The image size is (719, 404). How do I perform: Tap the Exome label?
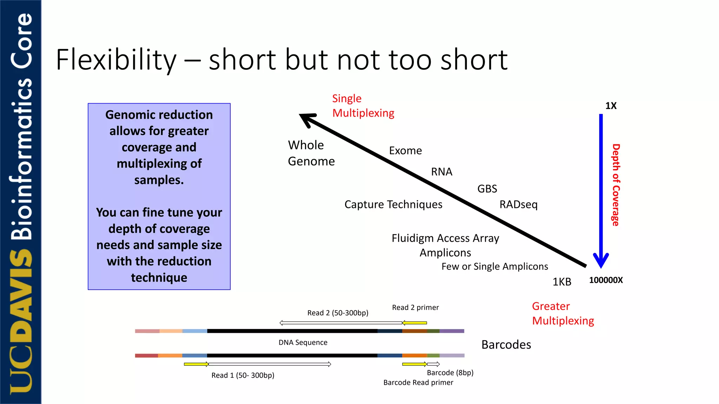pyautogui.click(x=405, y=151)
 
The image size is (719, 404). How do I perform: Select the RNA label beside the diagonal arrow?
pyautogui.click(x=441, y=172)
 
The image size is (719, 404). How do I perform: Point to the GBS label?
pyautogui.click(x=487, y=189)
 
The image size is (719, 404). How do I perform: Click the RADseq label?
pyautogui.click(x=518, y=204)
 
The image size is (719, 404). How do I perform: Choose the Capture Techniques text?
pyautogui.click(x=393, y=204)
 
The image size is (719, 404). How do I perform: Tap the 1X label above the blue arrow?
pyautogui.click(x=611, y=106)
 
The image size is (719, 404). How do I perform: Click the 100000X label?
pyautogui.click(x=606, y=280)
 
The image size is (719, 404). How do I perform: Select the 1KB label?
pyautogui.click(x=562, y=282)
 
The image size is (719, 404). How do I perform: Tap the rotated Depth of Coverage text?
pyautogui.click(x=616, y=185)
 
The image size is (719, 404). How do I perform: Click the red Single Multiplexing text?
pyautogui.click(x=363, y=106)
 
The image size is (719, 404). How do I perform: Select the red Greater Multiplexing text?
pyautogui.click(x=562, y=314)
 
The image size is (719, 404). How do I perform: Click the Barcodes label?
pyautogui.click(x=506, y=345)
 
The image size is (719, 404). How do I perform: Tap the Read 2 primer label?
pyautogui.click(x=415, y=308)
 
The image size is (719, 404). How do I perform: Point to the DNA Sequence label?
pyautogui.click(x=303, y=343)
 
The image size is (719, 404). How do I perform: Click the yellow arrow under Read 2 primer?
pyautogui.click(x=414, y=323)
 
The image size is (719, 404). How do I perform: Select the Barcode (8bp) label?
pyautogui.click(x=450, y=373)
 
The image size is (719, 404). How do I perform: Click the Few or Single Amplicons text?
pyautogui.click(x=494, y=267)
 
